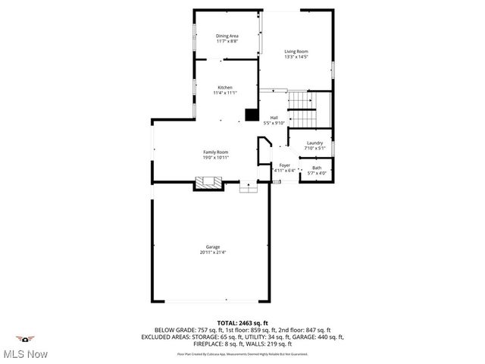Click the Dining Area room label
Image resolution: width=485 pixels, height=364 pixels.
[227, 36]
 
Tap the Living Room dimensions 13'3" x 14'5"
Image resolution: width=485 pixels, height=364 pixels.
[296, 57]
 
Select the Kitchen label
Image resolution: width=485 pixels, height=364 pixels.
[225, 87]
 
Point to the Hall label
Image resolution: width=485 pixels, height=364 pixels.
[274, 117]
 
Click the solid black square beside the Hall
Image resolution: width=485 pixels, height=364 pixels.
[251, 115]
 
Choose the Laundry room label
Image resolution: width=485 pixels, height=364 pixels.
[314, 143]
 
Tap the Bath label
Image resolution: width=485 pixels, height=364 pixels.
[317, 168]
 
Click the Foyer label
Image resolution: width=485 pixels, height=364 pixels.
[285, 165]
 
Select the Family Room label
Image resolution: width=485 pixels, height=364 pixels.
[215, 152]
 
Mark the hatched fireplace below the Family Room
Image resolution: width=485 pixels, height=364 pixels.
[208, 183]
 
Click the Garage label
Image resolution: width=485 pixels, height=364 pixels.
[213, 246]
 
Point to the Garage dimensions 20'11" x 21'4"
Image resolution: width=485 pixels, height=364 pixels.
[213, 253]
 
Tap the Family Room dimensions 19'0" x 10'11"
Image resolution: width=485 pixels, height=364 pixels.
[215, 158]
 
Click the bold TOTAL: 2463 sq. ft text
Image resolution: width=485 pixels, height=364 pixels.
[242, 322]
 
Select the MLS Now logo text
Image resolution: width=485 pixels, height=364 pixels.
[25, 354]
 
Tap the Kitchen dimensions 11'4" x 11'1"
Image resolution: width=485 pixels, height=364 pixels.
[225, 93]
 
